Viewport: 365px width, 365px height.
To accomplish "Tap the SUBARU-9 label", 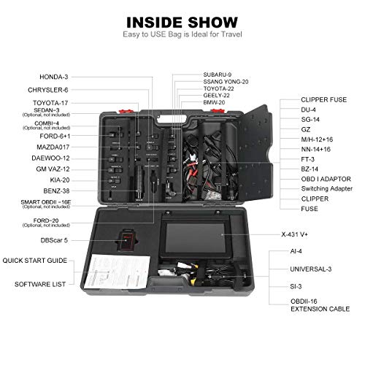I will (x=219, y=74).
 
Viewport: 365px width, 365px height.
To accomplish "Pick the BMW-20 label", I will (x=216, y=102).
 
